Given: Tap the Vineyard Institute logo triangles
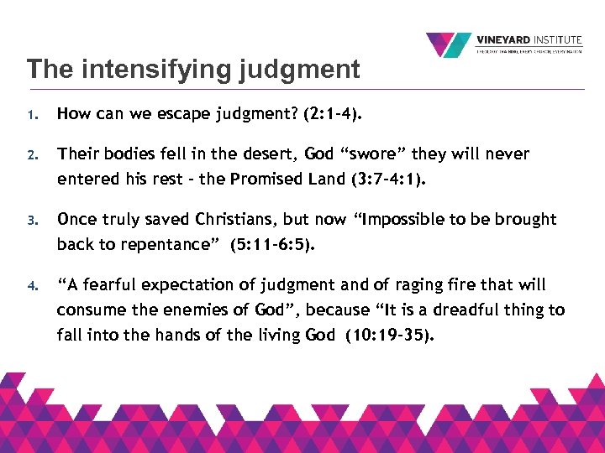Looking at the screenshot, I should point(449,44).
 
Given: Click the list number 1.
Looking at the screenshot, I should point(30,115).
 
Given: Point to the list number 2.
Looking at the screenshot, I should point(30,155).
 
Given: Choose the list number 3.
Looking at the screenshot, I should point(30,221).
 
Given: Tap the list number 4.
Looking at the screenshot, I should point(30,286).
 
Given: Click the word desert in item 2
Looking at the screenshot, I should point(269,154).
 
